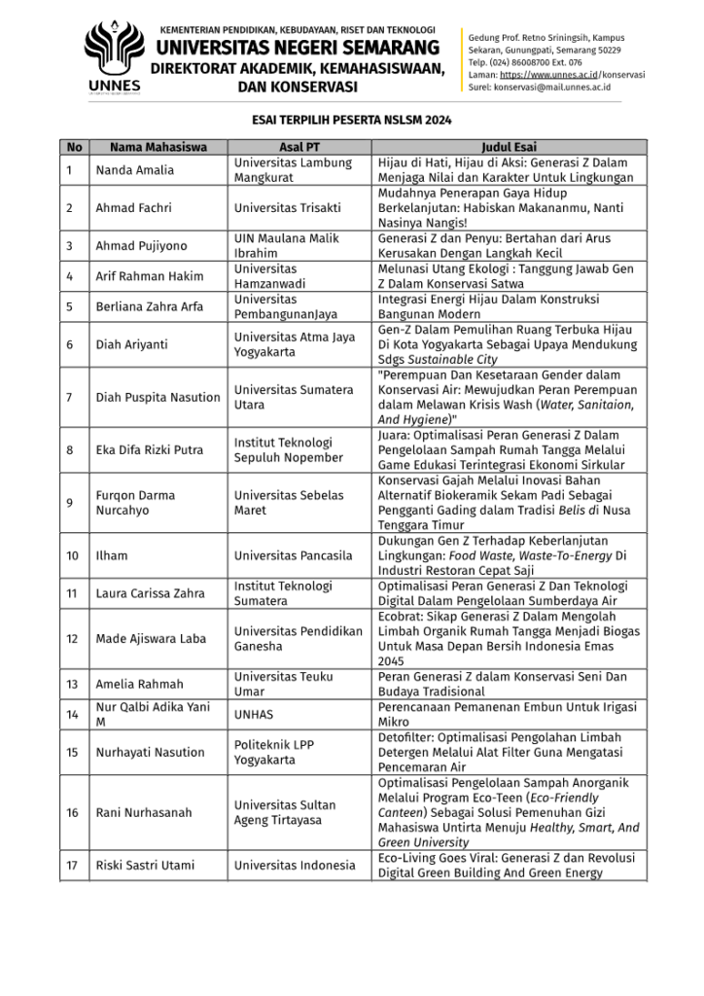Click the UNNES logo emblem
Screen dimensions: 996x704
tap(114, 52)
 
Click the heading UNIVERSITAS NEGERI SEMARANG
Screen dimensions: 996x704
tap(298, 48)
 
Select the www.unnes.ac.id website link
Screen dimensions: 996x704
tap(549, 74)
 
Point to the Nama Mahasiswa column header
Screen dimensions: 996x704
tap(158, 148)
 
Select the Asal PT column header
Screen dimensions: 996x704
tap(300, 148)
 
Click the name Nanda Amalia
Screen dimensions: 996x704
tap(134, 170)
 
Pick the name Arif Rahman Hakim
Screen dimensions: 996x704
tap(149, 276)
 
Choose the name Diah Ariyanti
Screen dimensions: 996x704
tap(131, 344)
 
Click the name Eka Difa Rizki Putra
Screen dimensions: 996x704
tap(149, 449)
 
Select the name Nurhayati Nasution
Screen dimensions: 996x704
tap(150, 752)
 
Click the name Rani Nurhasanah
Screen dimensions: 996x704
tap(142, 812)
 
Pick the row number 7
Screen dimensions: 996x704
tap(70, 397)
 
